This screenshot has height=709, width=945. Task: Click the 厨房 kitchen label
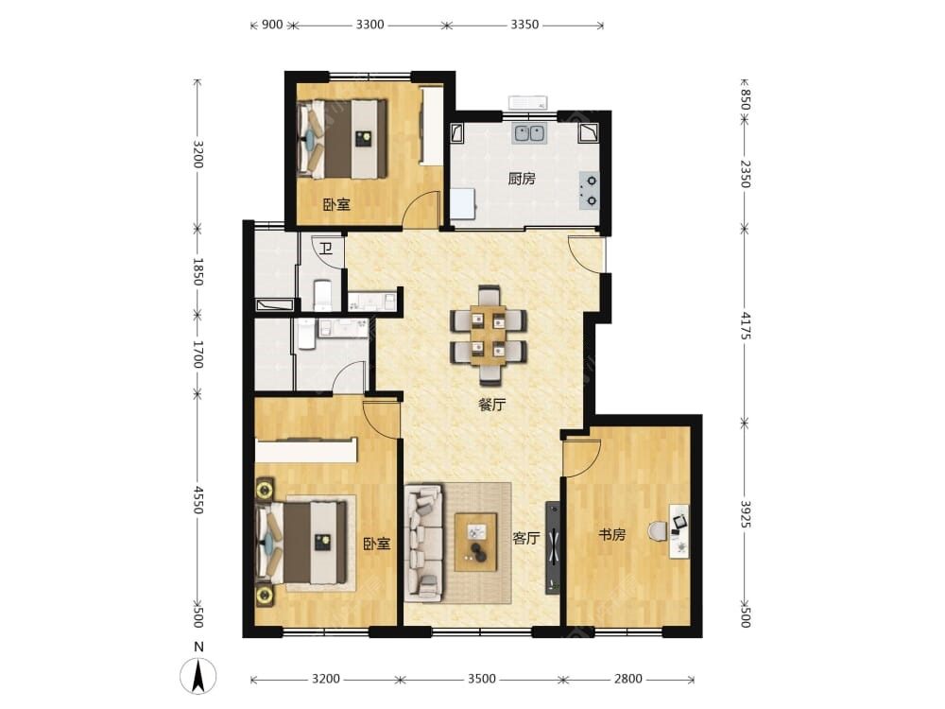522,179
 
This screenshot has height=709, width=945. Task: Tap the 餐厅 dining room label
491,405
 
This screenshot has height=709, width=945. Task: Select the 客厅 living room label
526,538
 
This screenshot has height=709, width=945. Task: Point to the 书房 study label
611,534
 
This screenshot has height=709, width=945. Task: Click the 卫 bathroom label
326,249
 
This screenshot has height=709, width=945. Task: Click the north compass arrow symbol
198,675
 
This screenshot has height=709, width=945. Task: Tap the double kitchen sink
530,132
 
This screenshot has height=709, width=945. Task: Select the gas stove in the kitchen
589,191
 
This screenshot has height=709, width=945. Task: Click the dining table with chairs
489,336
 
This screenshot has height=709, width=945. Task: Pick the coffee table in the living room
476,542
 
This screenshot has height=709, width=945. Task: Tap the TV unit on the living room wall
553,548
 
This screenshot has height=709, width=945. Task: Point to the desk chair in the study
657,531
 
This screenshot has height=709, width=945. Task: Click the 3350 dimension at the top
524,25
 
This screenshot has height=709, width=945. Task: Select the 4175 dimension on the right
746,325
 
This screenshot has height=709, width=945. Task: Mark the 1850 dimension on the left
198,272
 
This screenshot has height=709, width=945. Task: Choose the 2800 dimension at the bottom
628,679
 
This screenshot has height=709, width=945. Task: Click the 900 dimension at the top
273,25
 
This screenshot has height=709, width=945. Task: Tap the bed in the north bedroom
342,139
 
